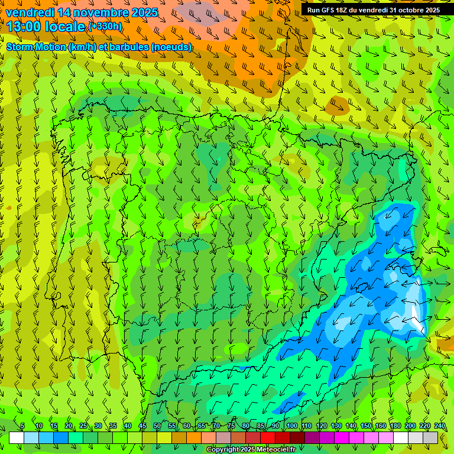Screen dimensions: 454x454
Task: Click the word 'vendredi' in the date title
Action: (x=30, y=12)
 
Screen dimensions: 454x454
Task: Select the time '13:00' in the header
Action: (x=24, y=26)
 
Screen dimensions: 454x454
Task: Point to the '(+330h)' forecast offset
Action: (x=105, y=26)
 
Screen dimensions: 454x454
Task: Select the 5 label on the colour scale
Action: (x=22, y=426)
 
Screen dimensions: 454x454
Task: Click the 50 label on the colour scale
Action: (x=157, y=426)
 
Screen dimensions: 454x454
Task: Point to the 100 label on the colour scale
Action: (x=291, y=426)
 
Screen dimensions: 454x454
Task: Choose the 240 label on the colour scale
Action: (x=439, y=426)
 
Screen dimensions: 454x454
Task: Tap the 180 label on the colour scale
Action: (x=395, y=426)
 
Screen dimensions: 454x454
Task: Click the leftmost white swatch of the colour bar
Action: (x=17, y=437)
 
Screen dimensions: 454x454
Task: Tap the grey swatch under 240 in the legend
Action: (x=430, y=437)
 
